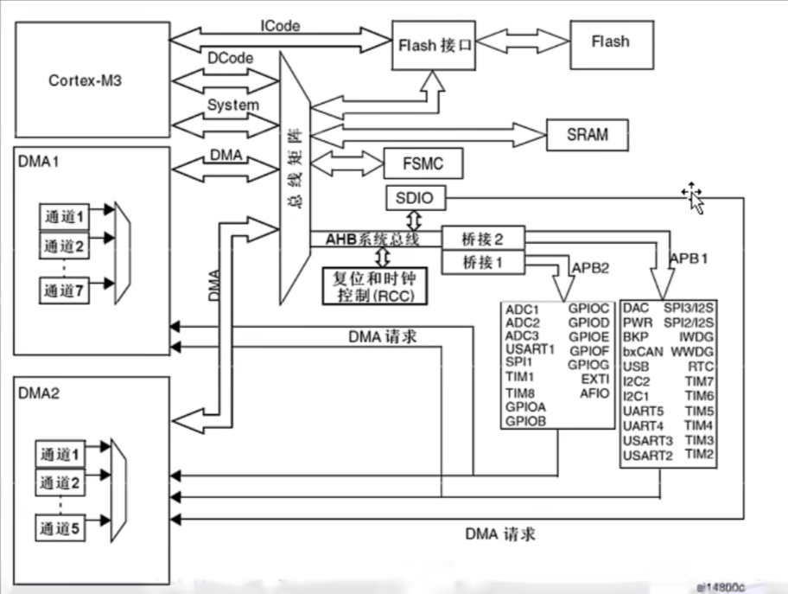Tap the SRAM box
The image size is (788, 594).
pos(587,135)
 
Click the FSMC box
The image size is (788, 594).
pos(423,163)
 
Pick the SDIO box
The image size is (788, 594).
pos(416,199)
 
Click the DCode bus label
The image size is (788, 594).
pos(230,58)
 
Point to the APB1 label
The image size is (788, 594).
pos(689,258)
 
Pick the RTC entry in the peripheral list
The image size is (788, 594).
pos(701,366)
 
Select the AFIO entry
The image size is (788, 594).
pos(594,393)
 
